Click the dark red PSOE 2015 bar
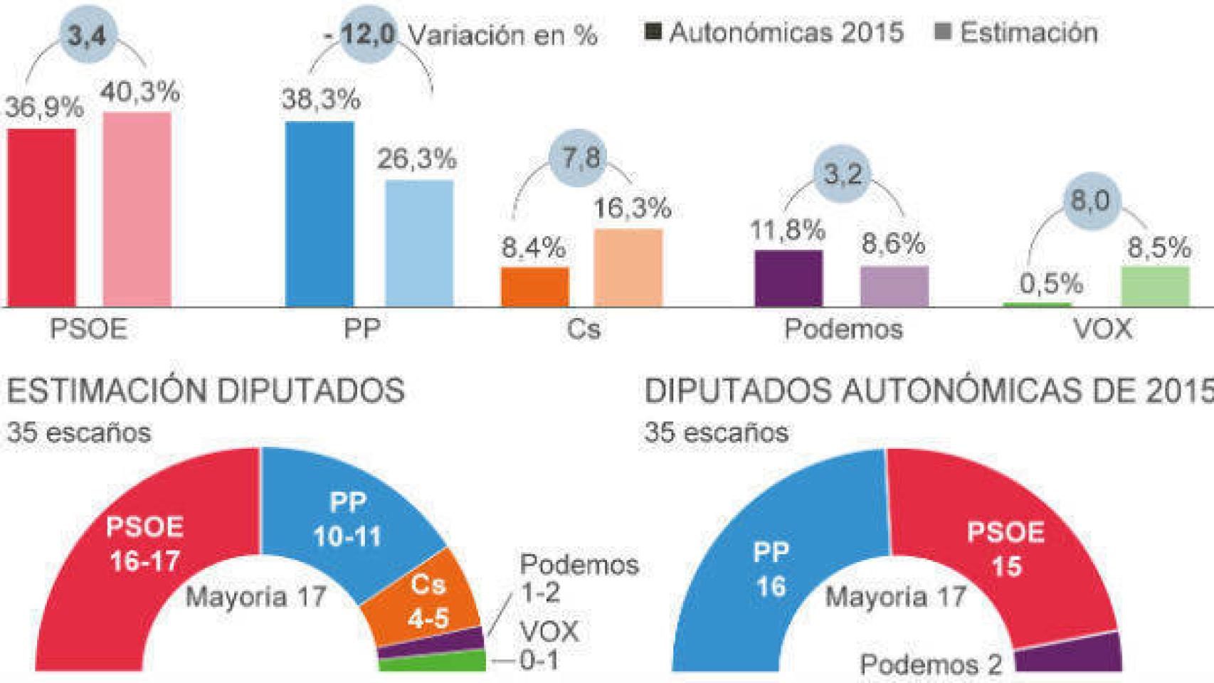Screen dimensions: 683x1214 pyautogui.click(x=41, y=217)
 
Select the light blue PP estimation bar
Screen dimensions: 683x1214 pyautogui.click(x=419, y=243)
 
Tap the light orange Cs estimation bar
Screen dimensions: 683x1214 pyautogui.click(x=628, y=268)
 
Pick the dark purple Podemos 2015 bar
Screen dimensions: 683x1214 pyautogui.click(x=788, y=278)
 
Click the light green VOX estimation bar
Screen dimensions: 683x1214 pyautogui.click(x=1155, y=286)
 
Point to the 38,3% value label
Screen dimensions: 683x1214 pyautogui.click(x=321, y=100)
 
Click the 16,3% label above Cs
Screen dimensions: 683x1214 pyautogui.click(x=633, y=208)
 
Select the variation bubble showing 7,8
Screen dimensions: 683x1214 pyautogui.click(x=581, y=158)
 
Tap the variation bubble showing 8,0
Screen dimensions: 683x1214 pyautogui.click(x=1090, y=201)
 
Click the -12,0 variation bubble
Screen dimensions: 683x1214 pyautogui.click(x=367, y=34)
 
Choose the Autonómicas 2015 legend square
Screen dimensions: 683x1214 pyautogui.click(x=653, y=32)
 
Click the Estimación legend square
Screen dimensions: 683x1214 pyautogui.click(x=943, y=32)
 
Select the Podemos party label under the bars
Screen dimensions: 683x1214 pyautogui.click(x=843, y=329)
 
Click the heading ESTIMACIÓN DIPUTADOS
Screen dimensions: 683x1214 pyautogui.click(x=206, y=391)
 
